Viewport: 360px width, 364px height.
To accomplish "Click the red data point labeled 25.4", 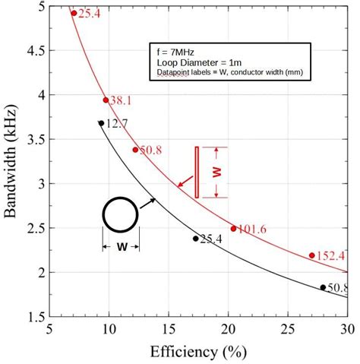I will tap(74, 13).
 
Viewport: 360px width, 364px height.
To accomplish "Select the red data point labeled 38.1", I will tap(106, 100).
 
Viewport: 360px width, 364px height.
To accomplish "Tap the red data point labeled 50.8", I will tap(135, 150).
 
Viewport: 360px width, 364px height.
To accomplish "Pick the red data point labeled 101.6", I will tap(233, 228).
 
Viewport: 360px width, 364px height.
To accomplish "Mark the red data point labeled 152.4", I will tap(312, 255).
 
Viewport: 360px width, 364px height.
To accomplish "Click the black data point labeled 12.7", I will tap(101, 123).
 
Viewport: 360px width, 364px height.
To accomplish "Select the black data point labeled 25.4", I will tap(196, 239).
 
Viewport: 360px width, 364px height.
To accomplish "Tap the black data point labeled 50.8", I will tap(323, 287).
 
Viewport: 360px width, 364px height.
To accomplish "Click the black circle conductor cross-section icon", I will tap(120, 215).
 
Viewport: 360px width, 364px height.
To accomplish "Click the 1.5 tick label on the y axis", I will tap(33, 315).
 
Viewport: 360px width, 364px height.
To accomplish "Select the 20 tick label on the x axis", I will tap(229, 329).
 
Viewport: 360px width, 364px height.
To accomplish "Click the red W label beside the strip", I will tap(217, 173).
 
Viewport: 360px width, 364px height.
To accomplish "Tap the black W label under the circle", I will tap(121, 247).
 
